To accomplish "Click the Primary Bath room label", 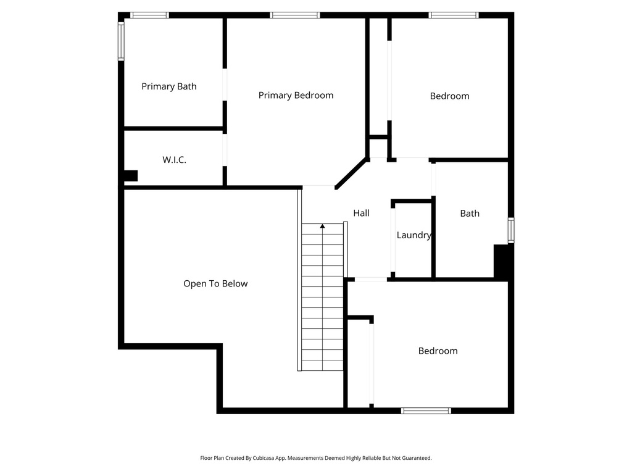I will (x=169, y=86).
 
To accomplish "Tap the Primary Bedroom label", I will (x=296, y=95).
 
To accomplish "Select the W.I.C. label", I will (x=174, y=160).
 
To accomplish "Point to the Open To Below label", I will (x=215, y=284).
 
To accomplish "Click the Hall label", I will (x=361, y=213).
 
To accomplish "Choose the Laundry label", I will (x=414, y=235).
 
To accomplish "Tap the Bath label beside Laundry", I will (x=470, y=214).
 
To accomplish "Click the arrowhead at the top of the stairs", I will (x=322, y=227).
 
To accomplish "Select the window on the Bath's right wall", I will (x=511, y=230).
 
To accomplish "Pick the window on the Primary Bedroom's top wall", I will (x=294, y=15).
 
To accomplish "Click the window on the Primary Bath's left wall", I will (x=121, y=41).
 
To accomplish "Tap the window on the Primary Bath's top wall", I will (x=149, y=15).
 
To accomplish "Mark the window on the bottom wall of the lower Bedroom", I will (x=426, y=410).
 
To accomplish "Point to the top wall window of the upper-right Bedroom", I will (x=454, y=15).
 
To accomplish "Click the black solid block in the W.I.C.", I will (x=130, y=176).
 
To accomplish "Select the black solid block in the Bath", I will (x=502, y=261).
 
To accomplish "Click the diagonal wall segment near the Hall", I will (x=351, y=173).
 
